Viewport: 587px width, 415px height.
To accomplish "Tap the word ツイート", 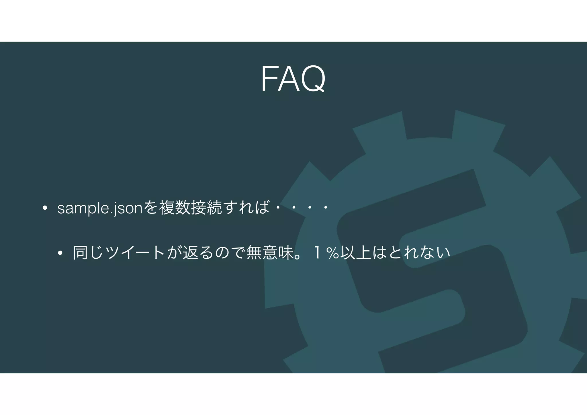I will coord(135,253).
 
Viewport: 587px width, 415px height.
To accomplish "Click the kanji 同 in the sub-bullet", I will coord(81,253).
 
